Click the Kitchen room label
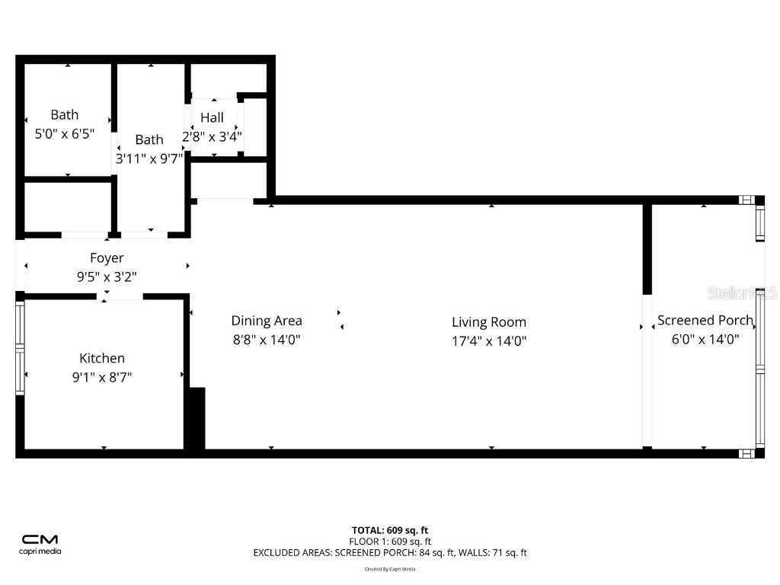[102, 358]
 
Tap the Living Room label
[488, 322]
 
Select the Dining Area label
[267, 321]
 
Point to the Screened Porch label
[705, 321]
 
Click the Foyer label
[107, 258]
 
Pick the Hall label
[212, 117]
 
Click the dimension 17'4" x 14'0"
[488, 341]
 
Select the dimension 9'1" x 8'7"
[102, 377]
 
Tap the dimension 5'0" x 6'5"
[65, 134]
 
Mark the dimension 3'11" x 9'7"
[149, 158]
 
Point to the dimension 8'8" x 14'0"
[267, 340]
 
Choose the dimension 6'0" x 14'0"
[705, 340]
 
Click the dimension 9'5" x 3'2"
[107, 277]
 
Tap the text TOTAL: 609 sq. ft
[389, 530]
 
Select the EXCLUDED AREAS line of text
[389, 553]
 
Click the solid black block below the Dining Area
[196, 418]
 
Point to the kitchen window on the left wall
[21, 347]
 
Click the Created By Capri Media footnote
[389, 569]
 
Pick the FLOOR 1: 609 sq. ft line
[389, 542]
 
